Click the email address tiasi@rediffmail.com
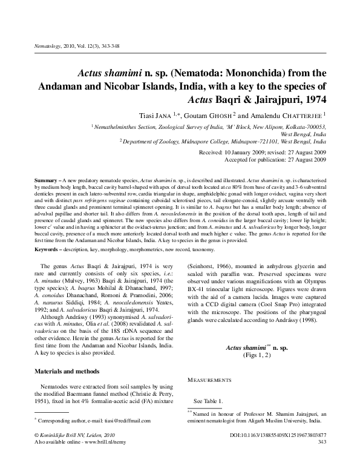coord(125,421)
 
